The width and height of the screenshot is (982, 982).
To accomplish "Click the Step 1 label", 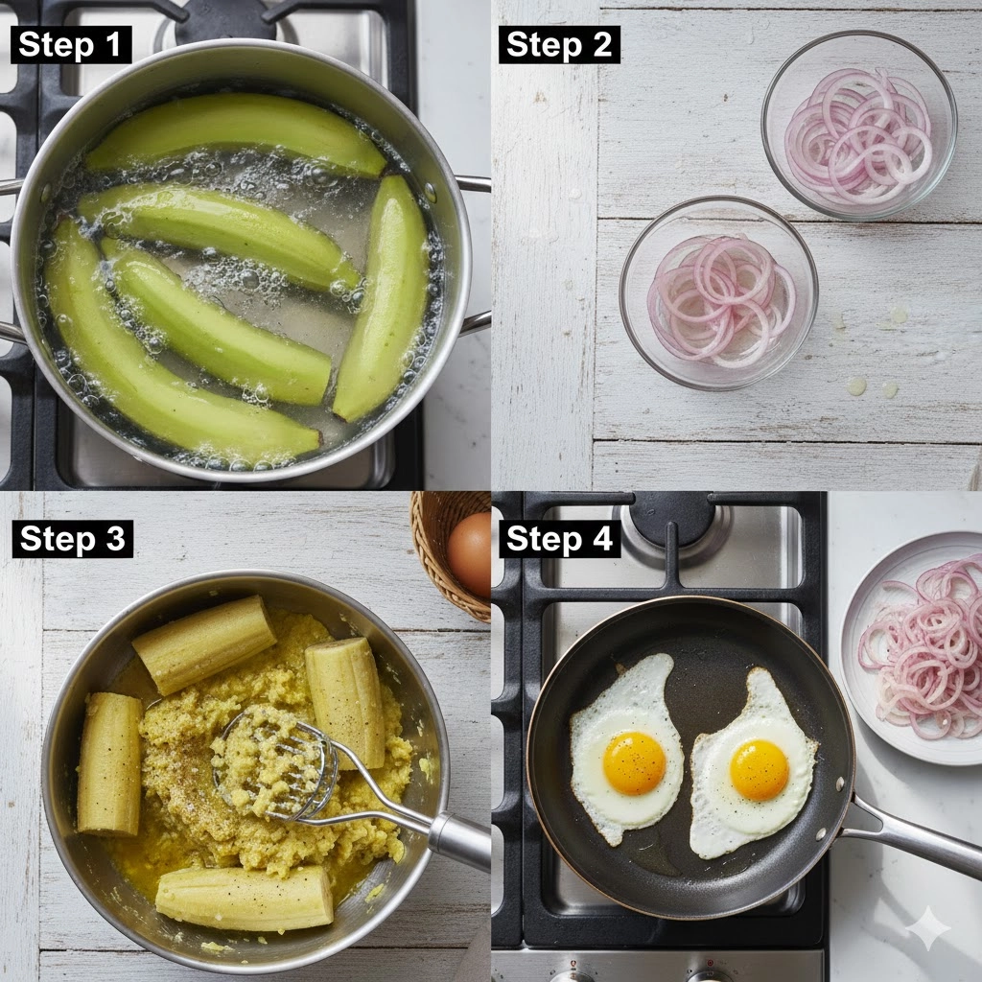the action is click(71, 44).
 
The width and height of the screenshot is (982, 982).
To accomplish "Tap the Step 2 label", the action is click(559, 44).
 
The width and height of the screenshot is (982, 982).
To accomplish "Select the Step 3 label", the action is click(73, 539).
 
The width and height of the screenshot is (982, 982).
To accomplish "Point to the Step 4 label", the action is click(559, 539).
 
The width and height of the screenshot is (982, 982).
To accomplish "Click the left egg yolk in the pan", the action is click(635, 762).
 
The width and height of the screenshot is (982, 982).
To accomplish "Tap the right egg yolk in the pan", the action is click(760, 770).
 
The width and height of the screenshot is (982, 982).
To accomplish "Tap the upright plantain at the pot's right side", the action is click(382, 297).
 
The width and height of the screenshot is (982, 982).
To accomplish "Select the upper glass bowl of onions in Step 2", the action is click(859, 125).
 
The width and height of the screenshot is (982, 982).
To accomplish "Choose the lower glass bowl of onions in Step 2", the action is click(719, 293).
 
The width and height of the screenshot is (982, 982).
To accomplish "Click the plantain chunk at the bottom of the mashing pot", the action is click(245, 898).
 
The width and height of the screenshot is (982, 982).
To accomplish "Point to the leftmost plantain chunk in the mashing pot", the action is click(109, 763).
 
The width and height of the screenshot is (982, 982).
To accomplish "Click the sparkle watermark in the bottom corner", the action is click(930, 928).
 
